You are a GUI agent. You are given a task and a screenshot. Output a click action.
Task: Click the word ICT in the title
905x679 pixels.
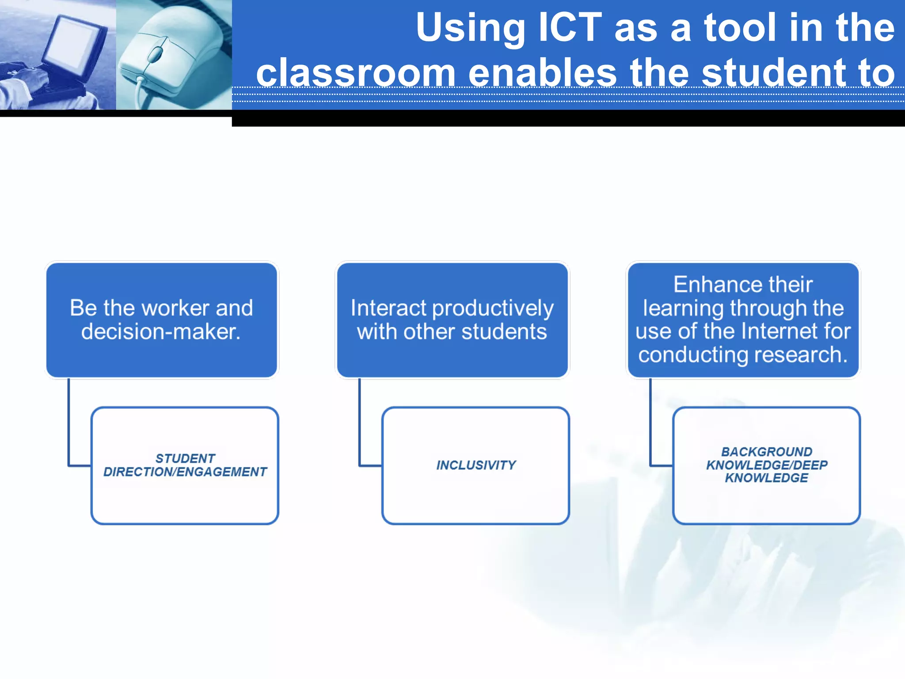[x=570, y=27]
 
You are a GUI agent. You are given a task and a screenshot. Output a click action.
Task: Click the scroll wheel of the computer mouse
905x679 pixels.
[x=156, y=54]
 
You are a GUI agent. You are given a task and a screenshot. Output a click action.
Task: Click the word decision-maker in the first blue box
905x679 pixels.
[x=161, y=332]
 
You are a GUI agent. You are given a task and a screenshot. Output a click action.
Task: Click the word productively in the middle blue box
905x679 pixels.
[x=493, y=309]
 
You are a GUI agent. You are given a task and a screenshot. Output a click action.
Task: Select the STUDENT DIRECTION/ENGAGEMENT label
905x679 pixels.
[x=185, y=465]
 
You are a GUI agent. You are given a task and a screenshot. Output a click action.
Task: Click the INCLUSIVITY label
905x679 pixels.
[x=476, y=465]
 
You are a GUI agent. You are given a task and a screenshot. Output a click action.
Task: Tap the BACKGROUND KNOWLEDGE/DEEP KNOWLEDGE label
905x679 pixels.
[x=767, y=465]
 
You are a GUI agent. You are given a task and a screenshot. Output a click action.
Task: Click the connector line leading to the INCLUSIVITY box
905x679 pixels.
[x=360, y=424]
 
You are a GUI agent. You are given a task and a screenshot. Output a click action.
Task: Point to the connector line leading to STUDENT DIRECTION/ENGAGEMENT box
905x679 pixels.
[x=69, y=424]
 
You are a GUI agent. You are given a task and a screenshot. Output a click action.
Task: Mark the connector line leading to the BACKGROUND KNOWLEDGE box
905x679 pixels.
[x=650, y=424]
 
